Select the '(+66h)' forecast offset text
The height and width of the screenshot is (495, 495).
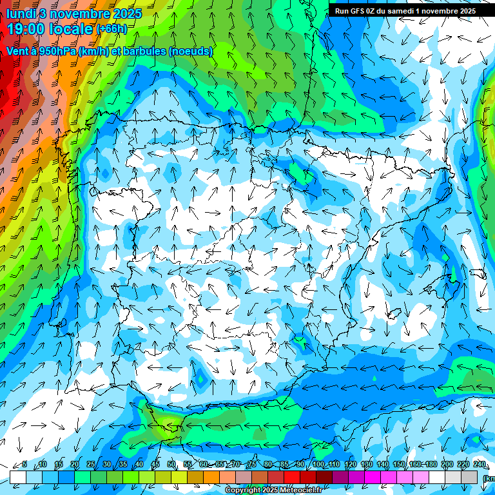pos(111,29)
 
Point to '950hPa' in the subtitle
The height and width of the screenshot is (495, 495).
pos(57,51)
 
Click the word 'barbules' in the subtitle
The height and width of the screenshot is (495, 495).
pos(139,51)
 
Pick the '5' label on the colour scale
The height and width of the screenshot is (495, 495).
pos(24,465)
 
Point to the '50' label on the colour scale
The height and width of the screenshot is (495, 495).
pos(171,465)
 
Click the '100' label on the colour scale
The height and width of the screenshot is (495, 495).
pos(318,465)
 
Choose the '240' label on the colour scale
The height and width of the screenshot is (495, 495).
pos(480,465)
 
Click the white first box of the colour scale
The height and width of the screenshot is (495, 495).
pos(18,477)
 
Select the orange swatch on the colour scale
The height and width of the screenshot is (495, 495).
pos(211,477)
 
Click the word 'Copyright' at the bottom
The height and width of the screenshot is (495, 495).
pos(244,490)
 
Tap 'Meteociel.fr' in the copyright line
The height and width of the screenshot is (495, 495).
pos(300,490)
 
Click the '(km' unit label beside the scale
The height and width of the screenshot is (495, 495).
pos(489,478)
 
